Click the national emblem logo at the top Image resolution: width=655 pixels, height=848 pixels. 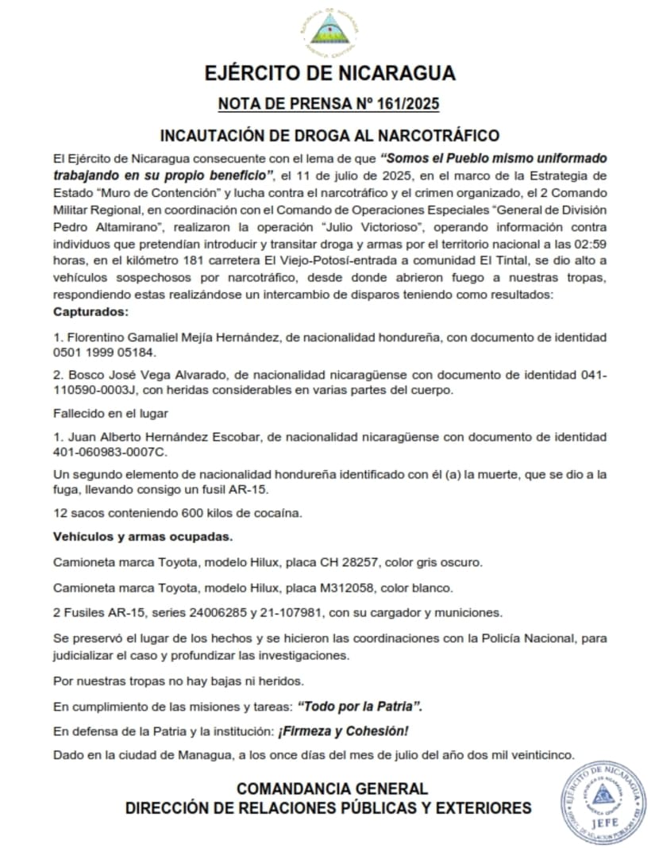[327, 32]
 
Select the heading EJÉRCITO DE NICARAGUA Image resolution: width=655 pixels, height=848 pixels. [329, 74]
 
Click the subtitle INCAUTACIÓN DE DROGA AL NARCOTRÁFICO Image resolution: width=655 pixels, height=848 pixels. [329, 134]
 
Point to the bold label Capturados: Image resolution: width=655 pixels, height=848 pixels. [90, 312]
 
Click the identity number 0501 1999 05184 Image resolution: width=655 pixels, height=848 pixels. [105, 352]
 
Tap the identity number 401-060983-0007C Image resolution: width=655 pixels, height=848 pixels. [110, 452]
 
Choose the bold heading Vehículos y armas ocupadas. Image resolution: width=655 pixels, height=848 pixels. [143, 537]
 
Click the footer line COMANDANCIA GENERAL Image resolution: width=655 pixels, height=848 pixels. [332, 788]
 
